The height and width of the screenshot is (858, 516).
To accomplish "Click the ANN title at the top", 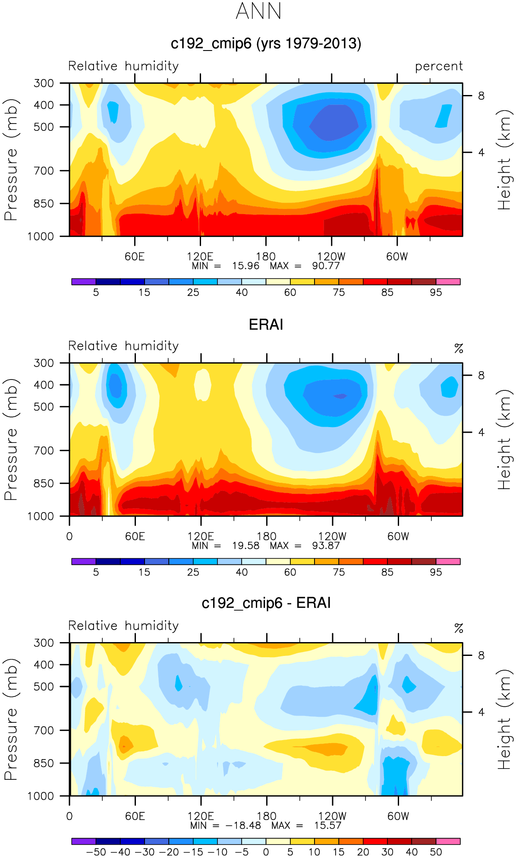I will click(x=258, y=11).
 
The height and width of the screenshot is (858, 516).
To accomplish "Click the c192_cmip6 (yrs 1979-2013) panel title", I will click(x=266, y=44).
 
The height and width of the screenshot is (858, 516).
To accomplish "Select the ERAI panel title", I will click(x=266, y=325).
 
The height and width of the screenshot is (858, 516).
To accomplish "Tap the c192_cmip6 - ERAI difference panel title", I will click(x=266, y=603).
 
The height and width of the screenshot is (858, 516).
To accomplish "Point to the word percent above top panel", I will click(x=439, y=66).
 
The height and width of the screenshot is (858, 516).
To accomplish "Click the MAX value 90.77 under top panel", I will click(x=326, y=266).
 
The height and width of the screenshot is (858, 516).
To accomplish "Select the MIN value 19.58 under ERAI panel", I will click(x=245, y=545).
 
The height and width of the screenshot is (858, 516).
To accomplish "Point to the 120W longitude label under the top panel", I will click(x=331, y=256).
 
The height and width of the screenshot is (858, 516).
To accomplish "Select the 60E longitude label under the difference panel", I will click(x=135, y=816).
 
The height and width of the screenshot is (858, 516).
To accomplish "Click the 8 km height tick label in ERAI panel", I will click(x=481, y=376).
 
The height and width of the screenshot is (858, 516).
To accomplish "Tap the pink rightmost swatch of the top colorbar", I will click(x=448, y=282).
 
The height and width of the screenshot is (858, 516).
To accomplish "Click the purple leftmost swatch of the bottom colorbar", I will click(x=84, y=841).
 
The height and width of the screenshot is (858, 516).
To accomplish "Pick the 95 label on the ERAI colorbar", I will click(x=436, y=572).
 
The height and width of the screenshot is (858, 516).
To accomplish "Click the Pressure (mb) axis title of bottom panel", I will click(x=11, y=719).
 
